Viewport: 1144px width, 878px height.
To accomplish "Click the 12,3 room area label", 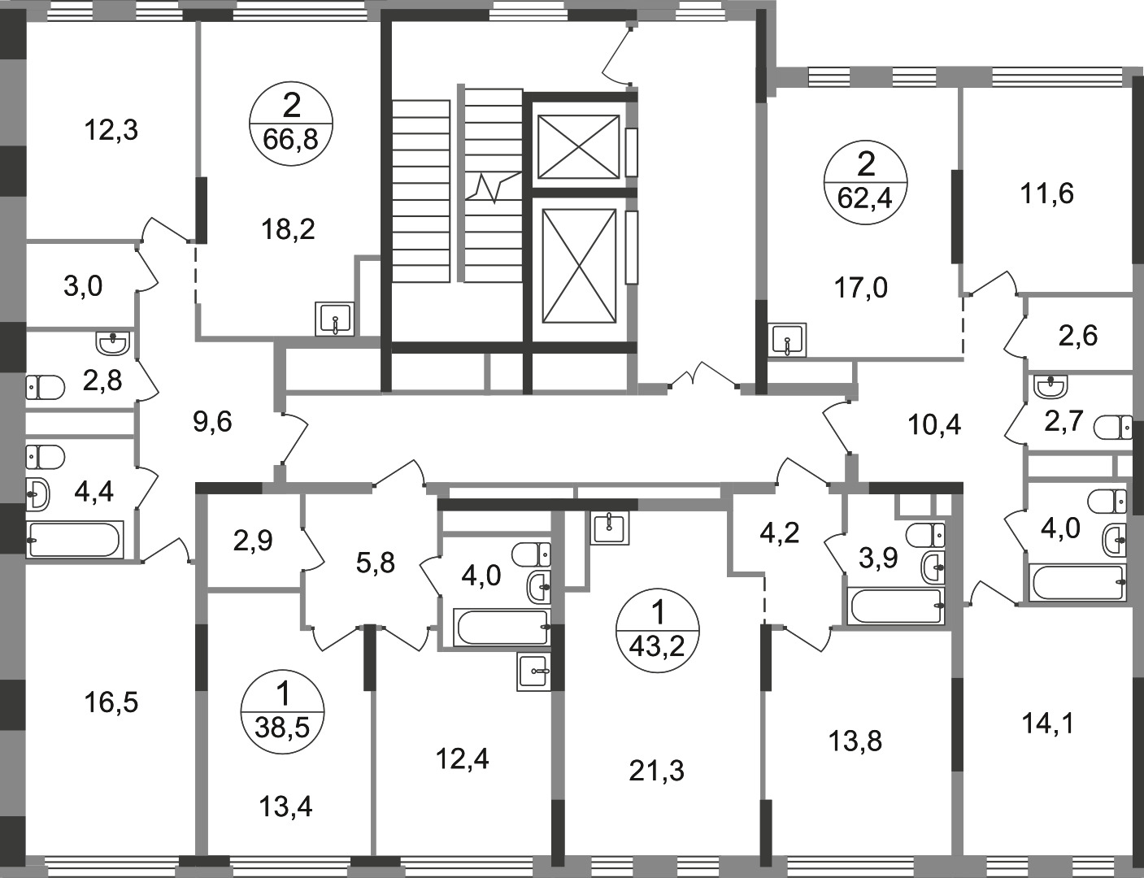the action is click(111, 131).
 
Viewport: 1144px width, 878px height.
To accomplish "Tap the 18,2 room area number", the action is click(288, 230).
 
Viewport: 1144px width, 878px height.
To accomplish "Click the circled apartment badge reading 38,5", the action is click(282, 712).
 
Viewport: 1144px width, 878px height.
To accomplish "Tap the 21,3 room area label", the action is click(656, 772).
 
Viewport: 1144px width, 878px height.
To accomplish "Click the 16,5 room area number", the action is click(111, 702).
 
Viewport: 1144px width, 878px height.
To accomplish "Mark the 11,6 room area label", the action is click(1046, 194).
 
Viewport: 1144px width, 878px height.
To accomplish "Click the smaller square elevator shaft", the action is click(578, 147).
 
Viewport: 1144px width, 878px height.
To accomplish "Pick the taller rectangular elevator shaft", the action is click(579, 266).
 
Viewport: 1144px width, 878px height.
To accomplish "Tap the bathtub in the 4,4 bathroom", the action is click(76, 540).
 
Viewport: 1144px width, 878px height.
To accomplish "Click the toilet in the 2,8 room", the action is click(46, 388).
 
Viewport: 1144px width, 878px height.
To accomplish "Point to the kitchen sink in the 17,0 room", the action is click(787, 340).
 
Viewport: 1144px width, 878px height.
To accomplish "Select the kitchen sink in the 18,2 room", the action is click(335, 319).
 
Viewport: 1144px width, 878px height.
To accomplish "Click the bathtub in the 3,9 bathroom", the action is click(896, 606).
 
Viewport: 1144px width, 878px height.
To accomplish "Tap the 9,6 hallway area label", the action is click(212, 422).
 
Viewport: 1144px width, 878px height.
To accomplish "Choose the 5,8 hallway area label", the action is click(376, 563).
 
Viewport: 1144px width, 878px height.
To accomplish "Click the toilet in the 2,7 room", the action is click(1112, 428).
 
